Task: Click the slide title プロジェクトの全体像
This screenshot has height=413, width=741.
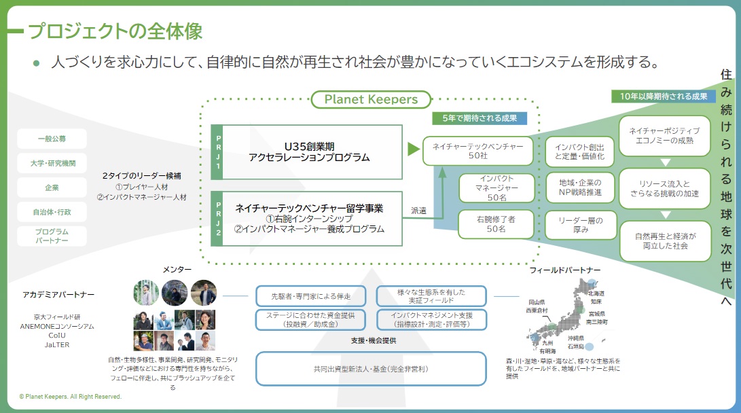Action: click(x=115, y=31)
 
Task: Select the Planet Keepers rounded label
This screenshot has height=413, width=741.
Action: click(x=371, y=99)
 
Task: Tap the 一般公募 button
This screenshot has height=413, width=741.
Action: click(x=52, y=139)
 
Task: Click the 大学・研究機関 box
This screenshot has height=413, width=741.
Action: click(x=52, y=163)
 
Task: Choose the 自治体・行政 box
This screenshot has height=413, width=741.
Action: click(x=52, y=212)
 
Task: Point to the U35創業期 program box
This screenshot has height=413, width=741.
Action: click(x=312, y=152)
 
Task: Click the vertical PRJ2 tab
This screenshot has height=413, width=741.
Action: click(x=217, y=219)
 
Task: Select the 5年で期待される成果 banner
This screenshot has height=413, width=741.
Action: click(x=480, y=118)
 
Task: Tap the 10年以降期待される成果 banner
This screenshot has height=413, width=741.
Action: click(x=663, y=96)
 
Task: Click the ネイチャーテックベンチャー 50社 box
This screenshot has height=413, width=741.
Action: click(x=478, y=151)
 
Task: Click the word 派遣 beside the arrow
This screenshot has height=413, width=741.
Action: click(x=419, y=211)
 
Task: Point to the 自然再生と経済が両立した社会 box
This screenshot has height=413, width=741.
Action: click(x=666, y=241)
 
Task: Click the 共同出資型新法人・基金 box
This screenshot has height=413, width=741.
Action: click(x=371, y=369)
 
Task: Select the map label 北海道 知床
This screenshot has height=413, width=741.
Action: click(x=596, y=297)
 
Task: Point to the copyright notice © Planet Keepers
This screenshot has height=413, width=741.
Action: click(x=70, y=397)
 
